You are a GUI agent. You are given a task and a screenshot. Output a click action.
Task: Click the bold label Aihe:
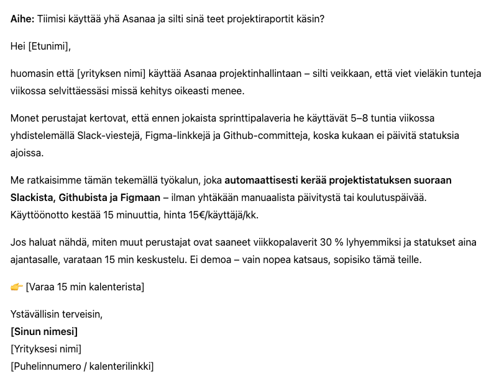(x=22, y=19)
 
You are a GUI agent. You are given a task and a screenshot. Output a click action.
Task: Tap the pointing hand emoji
(x=17, y=287)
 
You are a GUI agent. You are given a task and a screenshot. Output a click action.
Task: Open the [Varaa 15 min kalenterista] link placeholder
(x=85, y=287)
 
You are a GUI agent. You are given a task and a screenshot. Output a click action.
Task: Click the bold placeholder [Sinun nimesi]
(x=44, y=331)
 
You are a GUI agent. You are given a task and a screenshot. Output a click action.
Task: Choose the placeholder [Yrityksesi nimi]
(x=46, y=349)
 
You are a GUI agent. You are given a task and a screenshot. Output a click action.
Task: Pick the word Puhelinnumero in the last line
(x=45, y=366)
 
